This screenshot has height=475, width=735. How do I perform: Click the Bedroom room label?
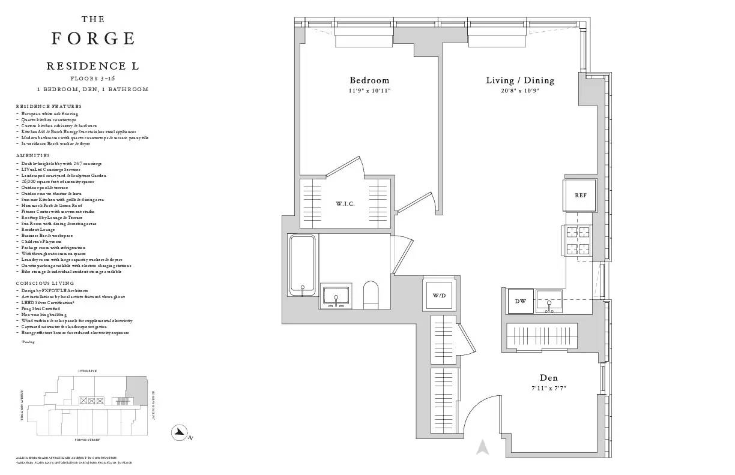(x=369, y=80)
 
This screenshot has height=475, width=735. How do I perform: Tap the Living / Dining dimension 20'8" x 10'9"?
(x=520, y=91)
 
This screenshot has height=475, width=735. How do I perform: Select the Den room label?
(x=548, y=378)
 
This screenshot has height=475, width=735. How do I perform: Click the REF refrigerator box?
(x=580, y=196)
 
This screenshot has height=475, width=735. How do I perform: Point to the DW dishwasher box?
(x=520, y=301)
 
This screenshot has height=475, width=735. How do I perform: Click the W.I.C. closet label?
(x=345, y=204)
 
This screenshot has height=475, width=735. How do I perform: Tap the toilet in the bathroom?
(x=372, y=296)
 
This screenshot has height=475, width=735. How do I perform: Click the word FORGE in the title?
(x=93, y=38)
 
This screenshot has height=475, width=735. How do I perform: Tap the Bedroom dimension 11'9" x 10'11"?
(x=369, y=91)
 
